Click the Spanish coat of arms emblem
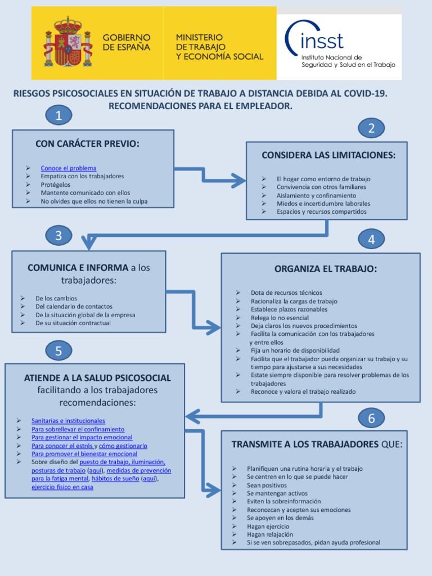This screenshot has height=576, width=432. tap(67, 43)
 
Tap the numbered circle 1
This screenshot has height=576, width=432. tap(59, 116)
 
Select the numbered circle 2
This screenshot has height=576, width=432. tap(371, 128)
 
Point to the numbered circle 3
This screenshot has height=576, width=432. tap(58, 236)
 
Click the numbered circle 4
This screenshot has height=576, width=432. tap(371, 239)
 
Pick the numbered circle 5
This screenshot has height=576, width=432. tap(58, 352)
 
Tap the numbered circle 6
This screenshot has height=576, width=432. tap(371, 418)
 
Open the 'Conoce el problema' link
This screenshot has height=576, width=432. tap(68, 168)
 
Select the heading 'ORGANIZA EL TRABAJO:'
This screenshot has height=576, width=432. tap(326, 269)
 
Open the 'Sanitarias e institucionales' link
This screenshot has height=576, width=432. tap(68, 421)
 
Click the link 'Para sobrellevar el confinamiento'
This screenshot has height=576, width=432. tap(78, 429)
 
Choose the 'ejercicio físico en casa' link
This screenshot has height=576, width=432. tap(62, 487)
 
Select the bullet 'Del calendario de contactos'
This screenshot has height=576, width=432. tap(74, 307)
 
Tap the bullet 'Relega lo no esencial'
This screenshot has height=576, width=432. tap(280, 318)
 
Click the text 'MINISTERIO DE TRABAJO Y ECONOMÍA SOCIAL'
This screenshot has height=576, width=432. tap(219, 47)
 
